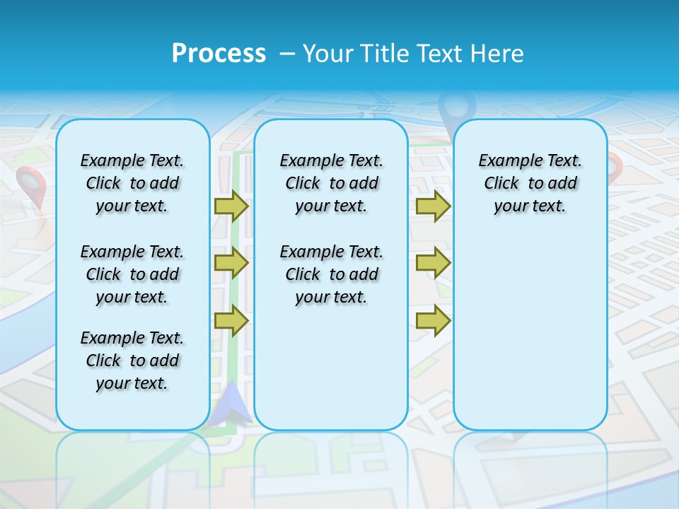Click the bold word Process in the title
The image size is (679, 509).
(219, 53)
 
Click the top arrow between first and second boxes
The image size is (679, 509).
(231, 206)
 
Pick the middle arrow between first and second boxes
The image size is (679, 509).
(231, 263)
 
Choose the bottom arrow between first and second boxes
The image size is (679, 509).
(231, 320)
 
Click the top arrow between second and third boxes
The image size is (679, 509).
(433, 206)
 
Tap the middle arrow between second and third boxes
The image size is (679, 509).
(433, 263)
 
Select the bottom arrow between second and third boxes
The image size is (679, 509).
(433, 320)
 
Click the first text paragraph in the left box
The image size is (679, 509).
(132, 183)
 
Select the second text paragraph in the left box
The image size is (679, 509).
(132, 274)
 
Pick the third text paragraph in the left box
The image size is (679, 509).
(132, 361)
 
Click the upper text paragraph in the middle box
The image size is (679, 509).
(332, 183)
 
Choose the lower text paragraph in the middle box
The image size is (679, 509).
(332, 274)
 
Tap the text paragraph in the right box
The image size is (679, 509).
(530, 183)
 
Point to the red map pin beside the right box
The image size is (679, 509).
(615, 167)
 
